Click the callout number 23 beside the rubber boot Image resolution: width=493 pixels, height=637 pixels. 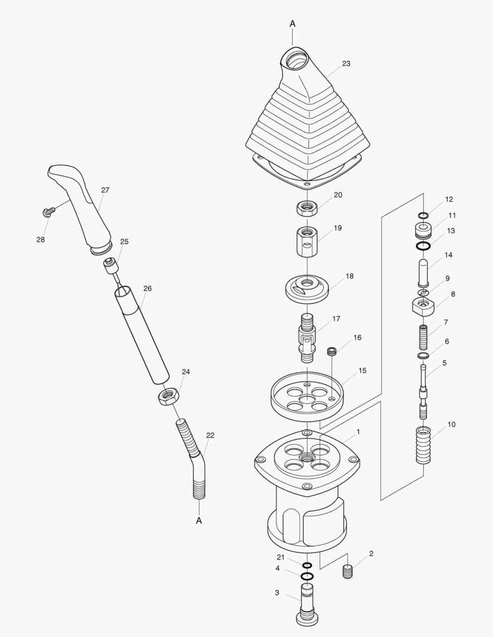coord(346,64)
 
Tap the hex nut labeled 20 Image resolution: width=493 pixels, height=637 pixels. coord(308,208)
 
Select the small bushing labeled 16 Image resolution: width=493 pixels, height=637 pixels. coord(333,352)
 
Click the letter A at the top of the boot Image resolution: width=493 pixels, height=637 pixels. coord(292,23)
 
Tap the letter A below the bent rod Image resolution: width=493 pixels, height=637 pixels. coord(199,520)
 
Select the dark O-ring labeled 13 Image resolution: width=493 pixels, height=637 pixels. coord(423,246)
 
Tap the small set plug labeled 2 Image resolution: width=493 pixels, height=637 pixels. coord(348,572)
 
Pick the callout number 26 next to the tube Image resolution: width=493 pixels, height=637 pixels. coord(148,288)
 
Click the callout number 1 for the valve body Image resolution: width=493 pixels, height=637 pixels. coord(358,432)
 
